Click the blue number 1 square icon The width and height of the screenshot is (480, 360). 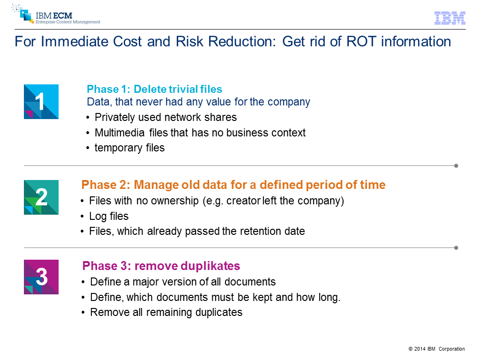click(41, 102)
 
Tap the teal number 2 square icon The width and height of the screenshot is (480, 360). click(41, 197)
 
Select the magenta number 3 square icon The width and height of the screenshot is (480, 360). click(41, 277)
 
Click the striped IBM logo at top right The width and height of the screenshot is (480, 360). click(450, 18)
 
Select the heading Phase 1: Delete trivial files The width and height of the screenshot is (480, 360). click(154, 89)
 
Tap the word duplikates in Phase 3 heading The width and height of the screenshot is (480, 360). click(210, 266)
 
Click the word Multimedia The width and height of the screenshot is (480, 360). click(120, 133)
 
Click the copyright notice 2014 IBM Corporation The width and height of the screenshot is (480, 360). click(436, 349)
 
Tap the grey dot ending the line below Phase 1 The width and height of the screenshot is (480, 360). click(456, 166)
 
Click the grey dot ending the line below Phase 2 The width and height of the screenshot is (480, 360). click(456, 247)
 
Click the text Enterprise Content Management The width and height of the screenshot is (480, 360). click(67, 22)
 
